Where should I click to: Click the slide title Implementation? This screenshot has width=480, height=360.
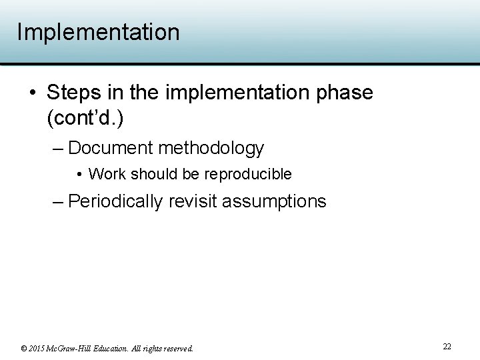(x=98, y=32)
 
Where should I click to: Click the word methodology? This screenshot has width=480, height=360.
(x=211, y=147)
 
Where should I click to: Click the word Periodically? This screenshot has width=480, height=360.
(x=115, y=201)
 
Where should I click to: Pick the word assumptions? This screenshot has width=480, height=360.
(x=274, y=201)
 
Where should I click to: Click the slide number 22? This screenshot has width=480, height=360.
(x=447, y=347)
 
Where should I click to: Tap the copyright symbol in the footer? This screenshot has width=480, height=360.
(x=24, y=348)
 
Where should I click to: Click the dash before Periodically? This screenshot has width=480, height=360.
(x=58, y=201)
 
